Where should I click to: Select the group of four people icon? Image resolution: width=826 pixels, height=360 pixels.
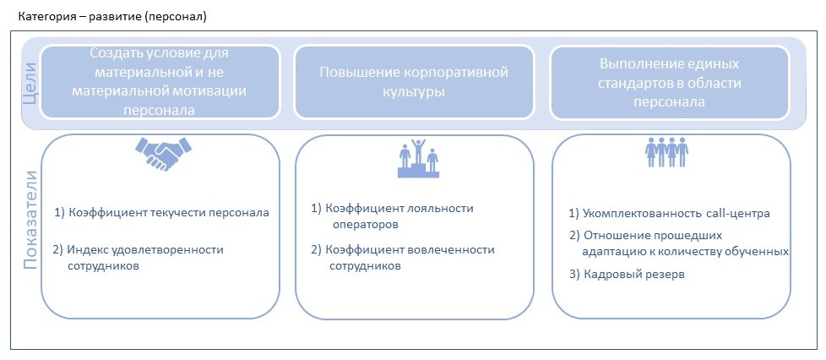(x=667, y=155)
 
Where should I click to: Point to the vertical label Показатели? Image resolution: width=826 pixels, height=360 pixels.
(x=30, y=220)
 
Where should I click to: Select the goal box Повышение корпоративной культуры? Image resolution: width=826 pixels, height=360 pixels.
(x=414, y=81)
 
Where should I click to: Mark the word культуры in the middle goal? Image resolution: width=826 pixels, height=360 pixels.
(x=414, y=91)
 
